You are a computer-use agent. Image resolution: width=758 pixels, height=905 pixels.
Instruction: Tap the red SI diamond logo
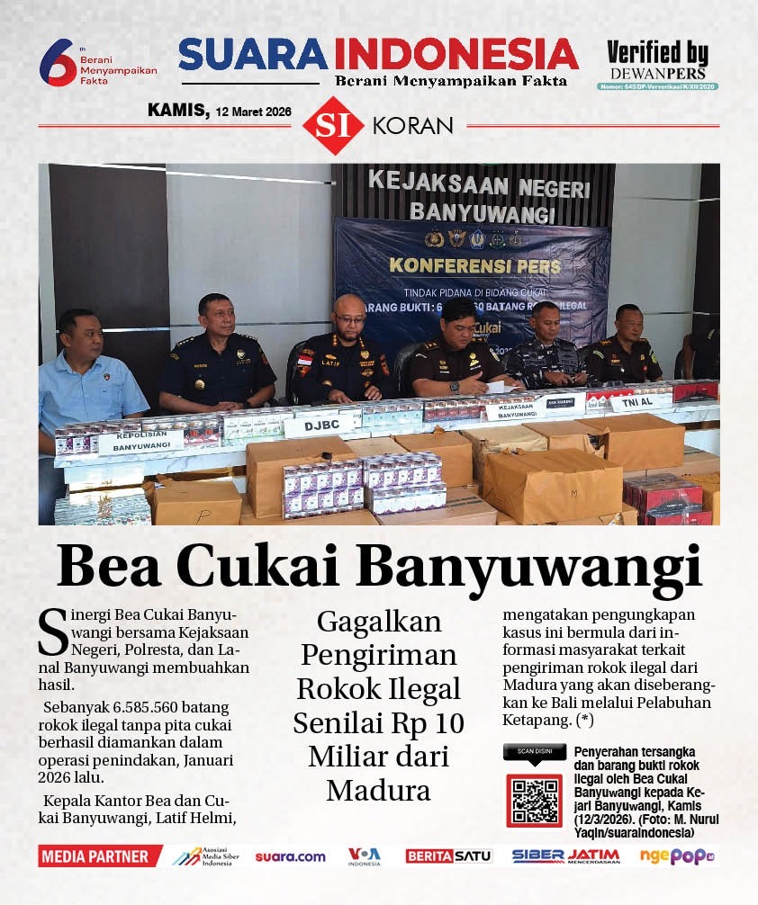[x=332, y=125]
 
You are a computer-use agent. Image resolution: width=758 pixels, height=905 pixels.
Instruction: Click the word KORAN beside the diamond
[x=412, y=126]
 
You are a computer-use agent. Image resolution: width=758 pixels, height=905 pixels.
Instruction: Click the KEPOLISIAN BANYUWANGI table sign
[x=140, y=442]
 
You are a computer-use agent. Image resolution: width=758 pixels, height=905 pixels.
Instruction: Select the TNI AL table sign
[x=640, y=402]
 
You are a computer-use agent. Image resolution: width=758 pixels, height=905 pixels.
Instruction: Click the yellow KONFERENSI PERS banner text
[x=474, y=266]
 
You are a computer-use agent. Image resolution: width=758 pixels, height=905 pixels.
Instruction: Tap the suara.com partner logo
[x=290, y=856]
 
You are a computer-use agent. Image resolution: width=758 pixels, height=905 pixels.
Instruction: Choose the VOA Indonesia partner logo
[x=365, y=856]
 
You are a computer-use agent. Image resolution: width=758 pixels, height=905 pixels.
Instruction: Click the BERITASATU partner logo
[x=448, y=856]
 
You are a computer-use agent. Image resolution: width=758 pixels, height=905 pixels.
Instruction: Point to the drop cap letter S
[x=54, y=633]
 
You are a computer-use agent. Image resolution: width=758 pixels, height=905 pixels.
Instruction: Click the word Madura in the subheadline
[x=378, y=789]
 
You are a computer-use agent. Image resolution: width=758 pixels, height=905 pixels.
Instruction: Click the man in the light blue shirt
[x=90, y=378]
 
